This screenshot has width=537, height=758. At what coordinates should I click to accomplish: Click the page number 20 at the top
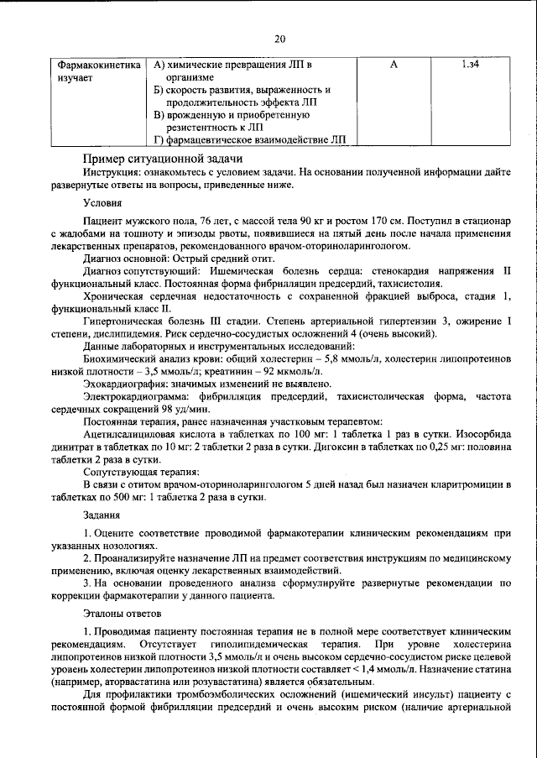280,38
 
